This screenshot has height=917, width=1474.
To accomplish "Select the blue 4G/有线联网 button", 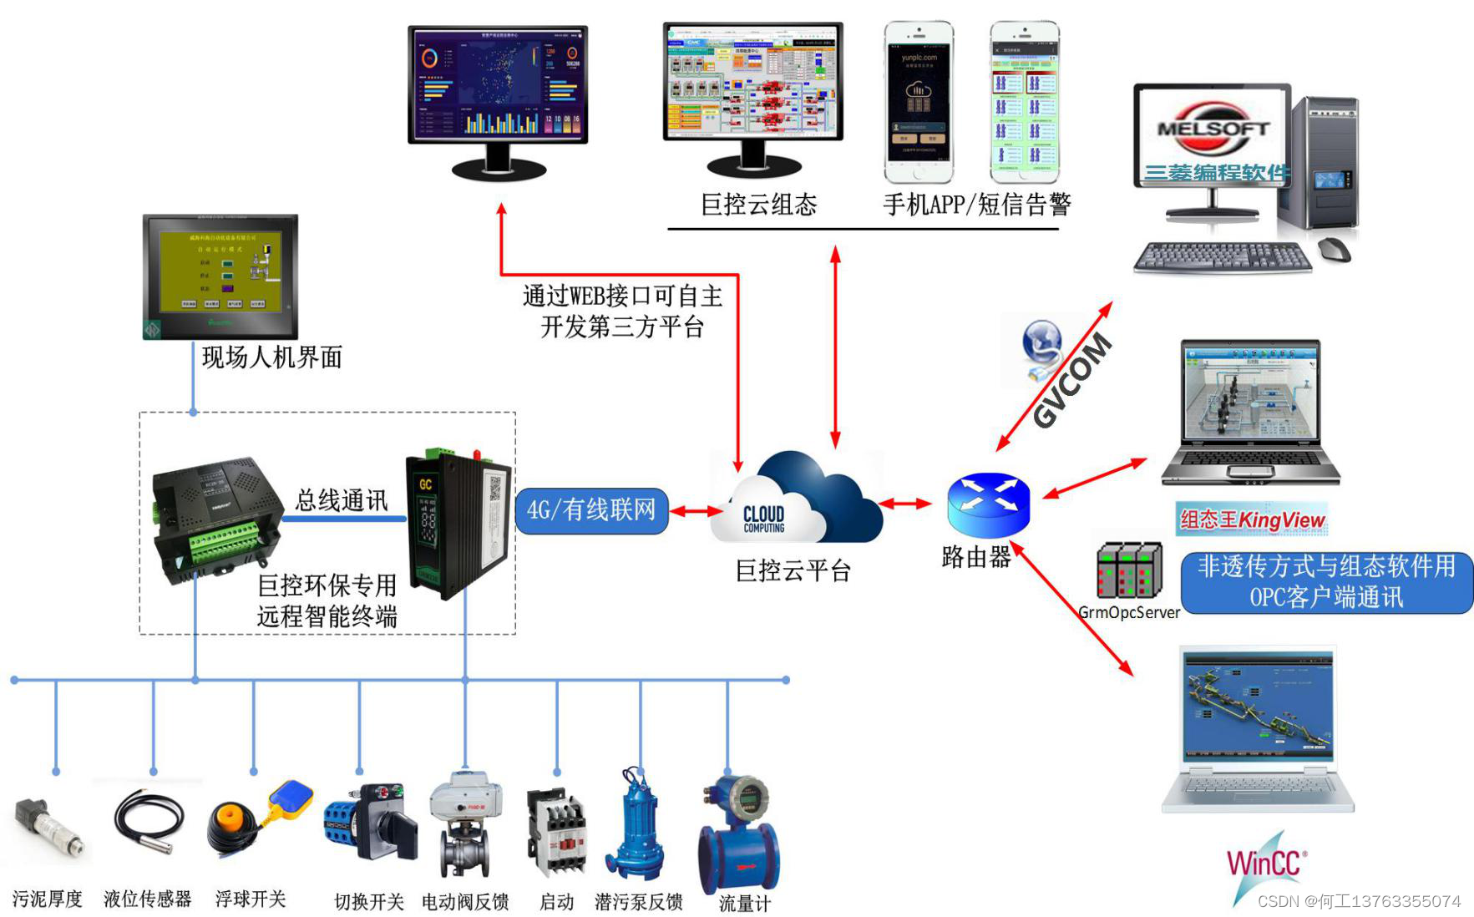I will [591, 510].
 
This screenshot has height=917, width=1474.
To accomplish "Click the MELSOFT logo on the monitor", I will [1212, 129].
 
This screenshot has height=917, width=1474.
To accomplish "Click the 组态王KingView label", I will [1251, 519].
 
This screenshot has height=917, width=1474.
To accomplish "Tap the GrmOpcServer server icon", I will [1128, 570].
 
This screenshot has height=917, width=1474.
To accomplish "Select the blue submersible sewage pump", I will [637, 827].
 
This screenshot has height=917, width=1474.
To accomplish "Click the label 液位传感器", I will [147, 899].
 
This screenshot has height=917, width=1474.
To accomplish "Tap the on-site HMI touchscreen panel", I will [220, 276].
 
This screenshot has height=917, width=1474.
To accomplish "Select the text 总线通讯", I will [342, 500].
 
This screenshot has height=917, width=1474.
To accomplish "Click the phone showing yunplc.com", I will [919, 102].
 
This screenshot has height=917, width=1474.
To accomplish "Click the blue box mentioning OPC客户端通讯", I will [1325, 582].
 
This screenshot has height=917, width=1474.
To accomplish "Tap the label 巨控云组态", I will [758, 205].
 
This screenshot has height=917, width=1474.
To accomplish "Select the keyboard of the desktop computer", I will [1222, 256].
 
